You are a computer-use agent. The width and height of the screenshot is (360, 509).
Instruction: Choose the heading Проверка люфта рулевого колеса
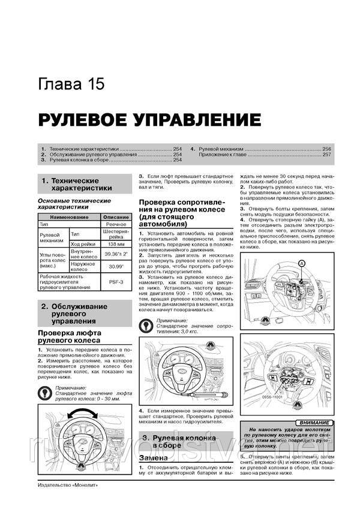pyautogui.click(x=69, y=337)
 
